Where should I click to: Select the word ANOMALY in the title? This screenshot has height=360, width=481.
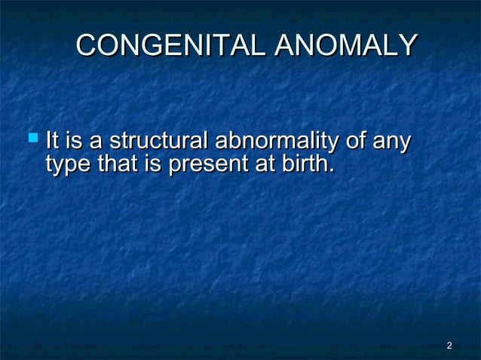point(345,46)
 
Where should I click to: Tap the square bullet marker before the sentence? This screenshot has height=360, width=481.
point(32,139)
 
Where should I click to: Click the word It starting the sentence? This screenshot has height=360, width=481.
point(53,141)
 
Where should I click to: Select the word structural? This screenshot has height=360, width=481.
point(160,141)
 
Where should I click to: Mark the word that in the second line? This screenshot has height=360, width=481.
point(118,163)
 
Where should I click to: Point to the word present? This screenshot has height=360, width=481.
point(207,163)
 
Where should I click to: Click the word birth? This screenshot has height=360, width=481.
point(303,163)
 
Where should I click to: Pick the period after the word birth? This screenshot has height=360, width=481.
point(331,169)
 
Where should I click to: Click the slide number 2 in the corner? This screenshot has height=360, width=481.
point(449,346)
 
